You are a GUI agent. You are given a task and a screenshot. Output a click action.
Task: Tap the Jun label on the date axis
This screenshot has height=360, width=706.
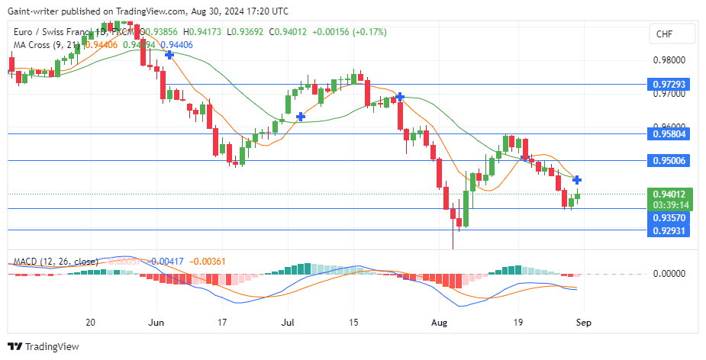156,322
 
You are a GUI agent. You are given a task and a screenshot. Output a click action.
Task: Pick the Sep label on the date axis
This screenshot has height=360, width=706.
582,322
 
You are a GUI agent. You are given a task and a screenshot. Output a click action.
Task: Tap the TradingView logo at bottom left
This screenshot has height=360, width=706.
46,346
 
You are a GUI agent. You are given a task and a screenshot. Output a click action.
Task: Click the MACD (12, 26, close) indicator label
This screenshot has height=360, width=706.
56,262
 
